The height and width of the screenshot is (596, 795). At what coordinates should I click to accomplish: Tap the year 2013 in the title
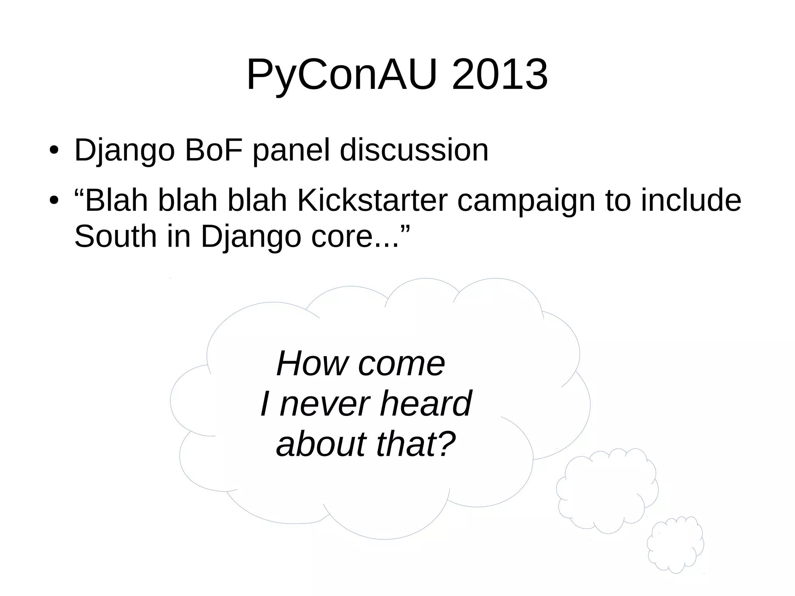pyautogui.click(x=500, y=75)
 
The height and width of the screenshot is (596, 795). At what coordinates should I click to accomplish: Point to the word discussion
pyautogui.click(x=414, y=150)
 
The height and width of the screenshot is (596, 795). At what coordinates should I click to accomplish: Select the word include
pyautogui.click(x=691, y=200)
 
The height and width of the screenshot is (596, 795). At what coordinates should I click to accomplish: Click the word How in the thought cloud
pyautogui.click(x=312, y=363)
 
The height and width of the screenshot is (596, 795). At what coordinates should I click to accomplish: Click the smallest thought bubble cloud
pyautogui.click(x=675, y=544)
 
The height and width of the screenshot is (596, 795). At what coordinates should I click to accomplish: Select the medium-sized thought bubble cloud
pyautogui.click(x=607, y=490)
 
